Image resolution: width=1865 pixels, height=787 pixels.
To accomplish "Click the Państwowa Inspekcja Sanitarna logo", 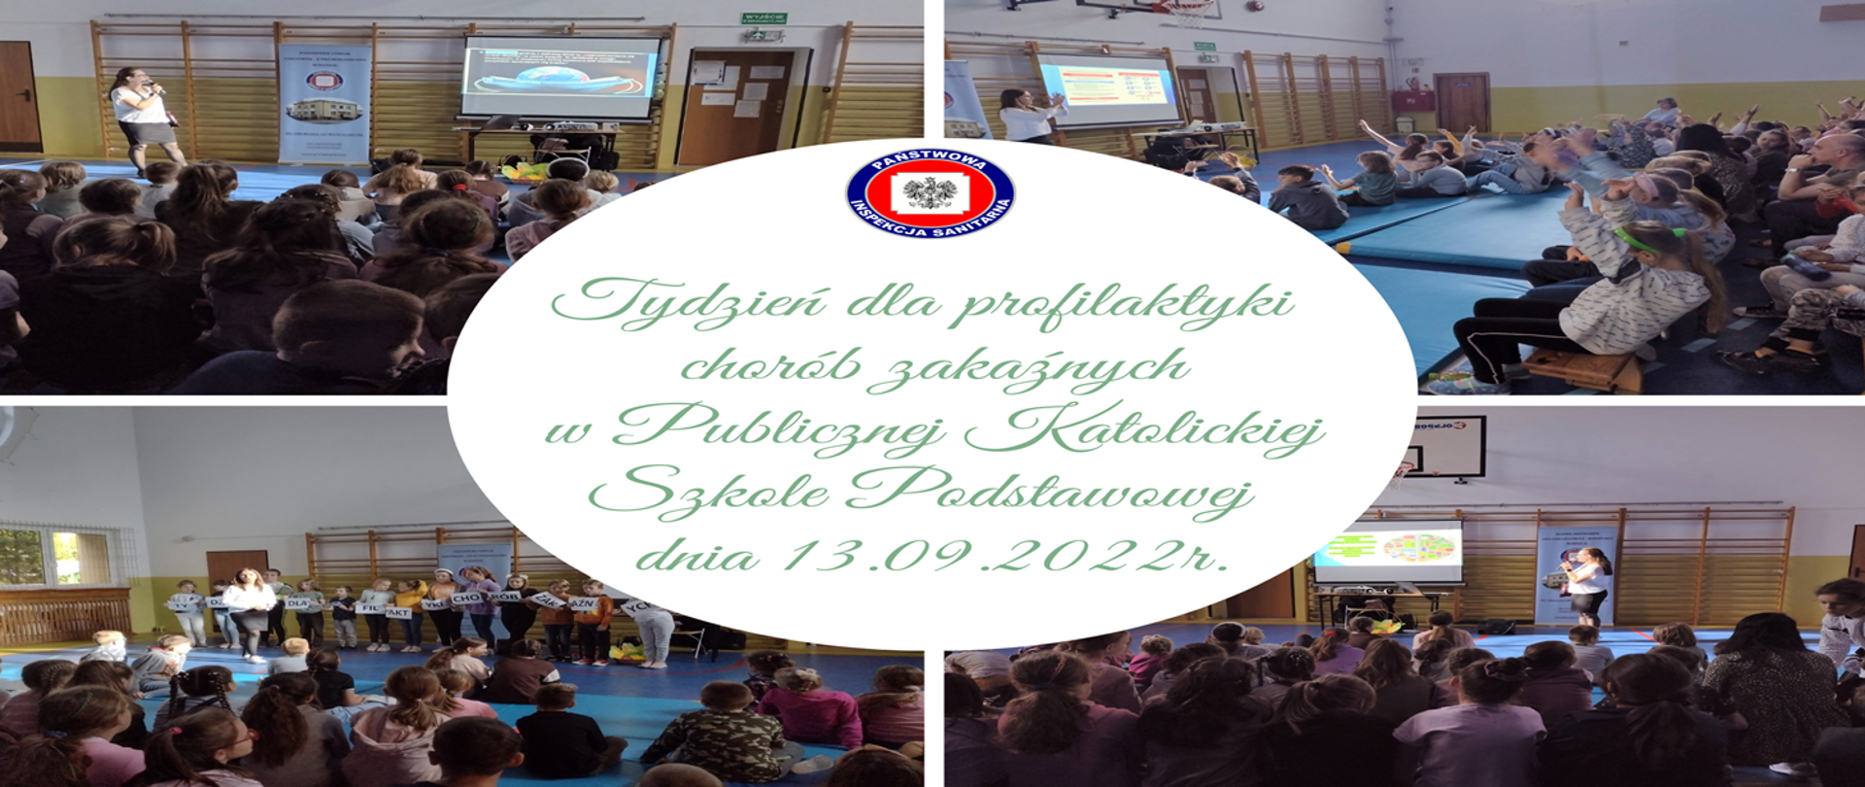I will pos(930,193).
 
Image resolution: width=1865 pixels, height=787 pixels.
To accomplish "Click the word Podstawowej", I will pos(1049,492).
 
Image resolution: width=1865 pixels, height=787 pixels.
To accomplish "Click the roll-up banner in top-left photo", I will pos(323,103).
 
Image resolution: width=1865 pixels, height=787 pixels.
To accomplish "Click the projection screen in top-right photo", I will pos(1108,89).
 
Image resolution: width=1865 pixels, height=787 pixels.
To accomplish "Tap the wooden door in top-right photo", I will pos(1461,103).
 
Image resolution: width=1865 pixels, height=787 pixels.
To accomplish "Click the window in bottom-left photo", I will pos(53,557).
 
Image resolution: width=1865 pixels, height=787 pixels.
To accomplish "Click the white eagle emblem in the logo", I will pos(930,192).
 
